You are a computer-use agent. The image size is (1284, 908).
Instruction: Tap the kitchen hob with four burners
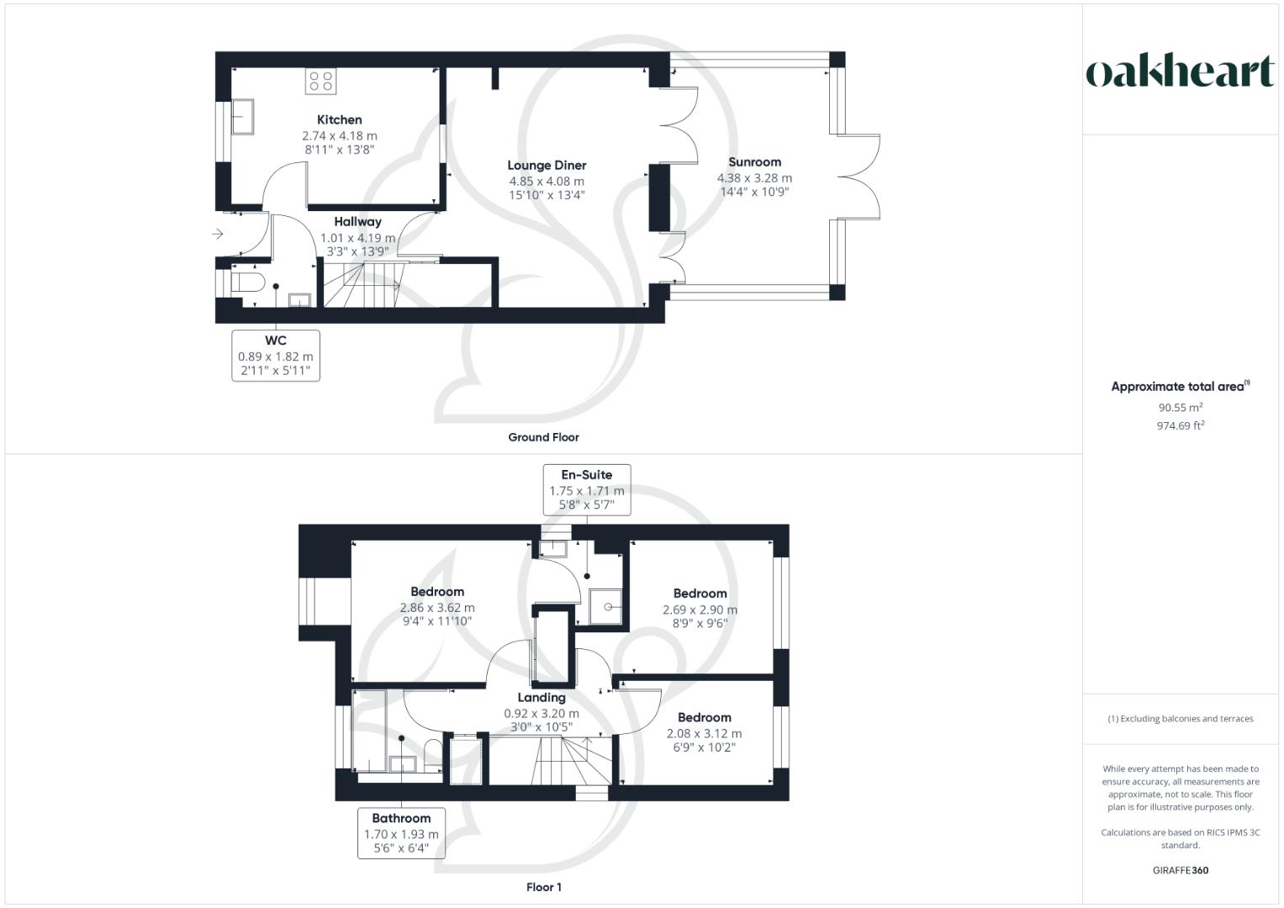[x=321, y=81]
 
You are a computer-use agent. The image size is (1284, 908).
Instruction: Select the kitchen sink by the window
[x=242, y=117]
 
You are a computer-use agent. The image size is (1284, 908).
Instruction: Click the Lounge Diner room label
[x=547, y=166]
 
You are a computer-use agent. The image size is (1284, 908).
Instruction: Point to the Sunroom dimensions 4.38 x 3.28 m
[x=754, y=178]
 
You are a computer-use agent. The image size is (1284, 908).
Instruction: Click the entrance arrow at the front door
[x=218, y=234]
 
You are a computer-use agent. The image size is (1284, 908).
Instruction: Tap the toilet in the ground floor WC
[x=247, y=282]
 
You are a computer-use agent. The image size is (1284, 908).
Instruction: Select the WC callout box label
[x=276, y=340]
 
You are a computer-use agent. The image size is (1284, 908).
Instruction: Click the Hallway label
[x=357, y=222]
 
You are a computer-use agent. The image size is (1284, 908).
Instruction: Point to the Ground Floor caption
[x=543, y=437]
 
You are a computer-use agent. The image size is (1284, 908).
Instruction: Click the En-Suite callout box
[x=587, y=489]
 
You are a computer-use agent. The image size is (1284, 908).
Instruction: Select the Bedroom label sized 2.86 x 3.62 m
[x=437, y=592]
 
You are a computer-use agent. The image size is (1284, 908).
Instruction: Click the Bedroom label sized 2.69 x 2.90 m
[x=700, y=594]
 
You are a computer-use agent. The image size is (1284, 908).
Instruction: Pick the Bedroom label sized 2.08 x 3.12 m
[x=704, y=718]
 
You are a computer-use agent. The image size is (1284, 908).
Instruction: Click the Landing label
[x=542, y=698]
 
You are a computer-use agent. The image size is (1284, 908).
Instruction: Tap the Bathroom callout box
[x=401, y=832]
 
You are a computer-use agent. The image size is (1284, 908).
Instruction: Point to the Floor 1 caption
[x=543, y=887]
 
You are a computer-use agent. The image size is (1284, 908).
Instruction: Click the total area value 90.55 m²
[x=1180, y=408]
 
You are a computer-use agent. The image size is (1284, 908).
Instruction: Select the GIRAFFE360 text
[x=1180, y=870]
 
